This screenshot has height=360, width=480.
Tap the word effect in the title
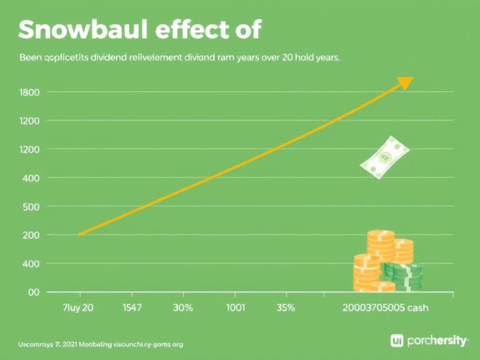tap(195, 29)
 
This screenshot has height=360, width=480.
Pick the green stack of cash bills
tap(403, 275)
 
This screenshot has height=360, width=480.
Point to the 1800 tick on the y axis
tap(30, 92)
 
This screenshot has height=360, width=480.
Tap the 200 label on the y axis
tap(30, 235)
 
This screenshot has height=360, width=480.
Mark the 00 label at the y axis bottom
tap(33, 292)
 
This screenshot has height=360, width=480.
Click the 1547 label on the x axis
tap(131, 308)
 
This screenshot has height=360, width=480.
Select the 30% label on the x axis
tap(182, 308)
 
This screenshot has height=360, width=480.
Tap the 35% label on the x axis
tap(286, 308)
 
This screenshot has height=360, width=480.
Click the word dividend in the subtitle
tap(89, 57)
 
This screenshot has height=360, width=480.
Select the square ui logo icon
tap(396, 341)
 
